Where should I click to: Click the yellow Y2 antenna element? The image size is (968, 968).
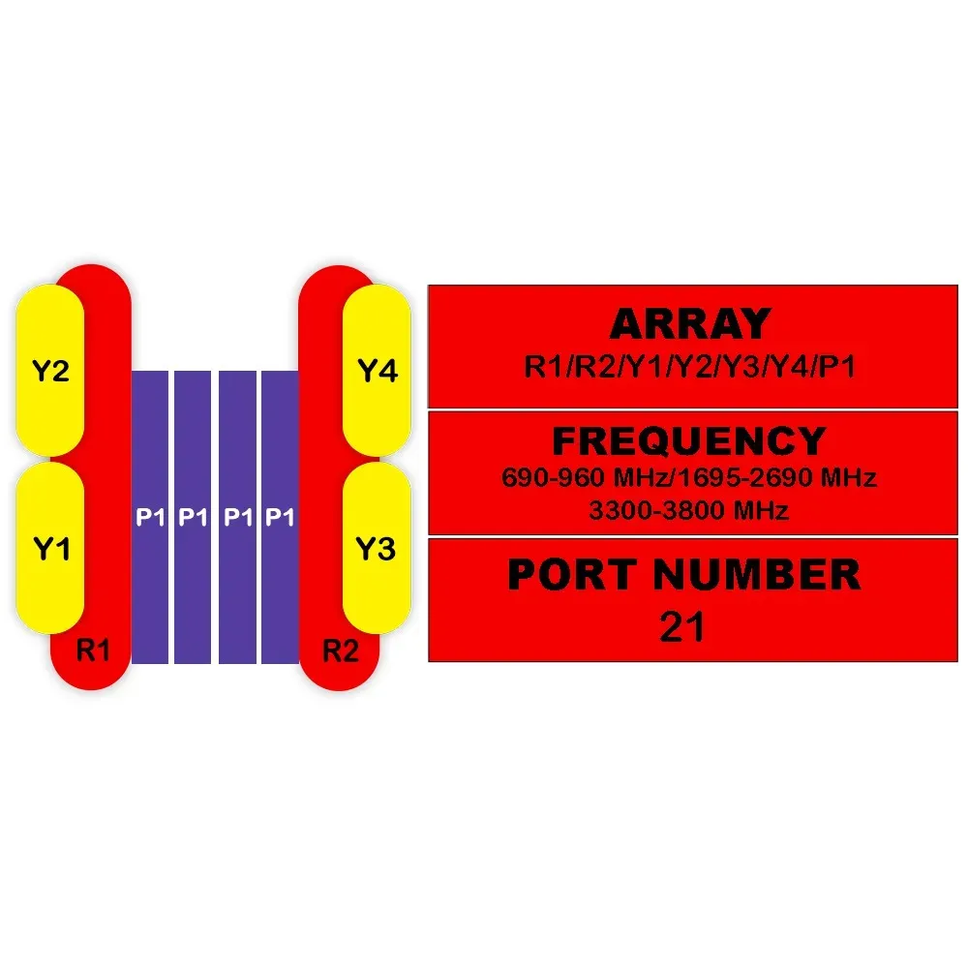pyautogui.click(x=49, y=373)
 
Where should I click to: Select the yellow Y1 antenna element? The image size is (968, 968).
pyautogui.click(x=49, y=549)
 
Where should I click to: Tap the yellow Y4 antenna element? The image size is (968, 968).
pyautogui.click(x=378, y=371)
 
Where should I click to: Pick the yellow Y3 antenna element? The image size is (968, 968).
pyautogui.click(x=377, y=549)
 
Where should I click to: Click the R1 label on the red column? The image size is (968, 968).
pyautogui.click(x=93, y=650)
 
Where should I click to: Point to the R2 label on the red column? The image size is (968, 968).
pyautogui.click(x=340, y=650)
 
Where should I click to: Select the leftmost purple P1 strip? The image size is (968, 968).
pyautogui.click(x=150, y=517)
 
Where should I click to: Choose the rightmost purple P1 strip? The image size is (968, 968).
pyautogui.click(x=280, y=517)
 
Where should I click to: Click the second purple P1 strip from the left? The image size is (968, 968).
pyautogui.click(x=194, y=517)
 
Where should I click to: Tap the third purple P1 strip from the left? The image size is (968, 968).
pyautogui.click(x=237, y=517)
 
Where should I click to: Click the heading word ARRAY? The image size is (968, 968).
pyautogui.click(x=690, y=323)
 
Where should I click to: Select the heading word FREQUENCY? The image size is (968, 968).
pyautogui.click(x=689, y=441)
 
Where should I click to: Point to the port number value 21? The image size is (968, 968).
pyautogui.click(x=682, y=627)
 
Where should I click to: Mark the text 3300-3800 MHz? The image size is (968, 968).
pyautogui.click(x=688, y=510)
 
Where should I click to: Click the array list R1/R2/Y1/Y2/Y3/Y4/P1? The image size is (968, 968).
pyautogui.click(x=690, y=367)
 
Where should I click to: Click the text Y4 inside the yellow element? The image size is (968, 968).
pyautogui.click(x=378, y=371)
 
